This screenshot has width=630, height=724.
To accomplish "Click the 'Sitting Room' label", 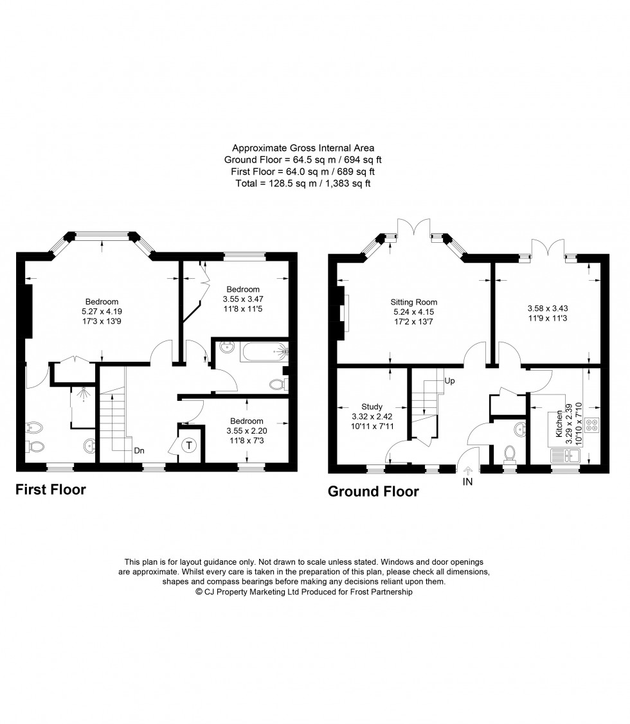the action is [x=414, y=302].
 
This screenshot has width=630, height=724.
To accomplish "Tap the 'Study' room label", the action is [x=372, y=407].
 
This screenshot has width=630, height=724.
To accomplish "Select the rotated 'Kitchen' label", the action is [x=559, y=424].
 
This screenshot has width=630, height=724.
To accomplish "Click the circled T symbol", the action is [x=188, y=446].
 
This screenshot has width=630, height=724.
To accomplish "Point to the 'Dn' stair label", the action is [x=139, y=451].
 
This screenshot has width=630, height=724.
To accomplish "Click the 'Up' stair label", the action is [x=449, y=381].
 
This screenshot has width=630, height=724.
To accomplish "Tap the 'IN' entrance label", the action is [x=468, y=482].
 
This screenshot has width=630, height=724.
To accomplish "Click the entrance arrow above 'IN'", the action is [x=468, y=470].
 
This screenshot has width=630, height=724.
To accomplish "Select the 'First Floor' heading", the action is [x=51, y=490].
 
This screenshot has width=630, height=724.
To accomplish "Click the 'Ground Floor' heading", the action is [x=373, y=491].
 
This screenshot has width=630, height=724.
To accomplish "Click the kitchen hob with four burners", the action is [x=591, y=425].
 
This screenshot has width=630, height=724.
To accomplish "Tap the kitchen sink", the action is [x=565, y=456].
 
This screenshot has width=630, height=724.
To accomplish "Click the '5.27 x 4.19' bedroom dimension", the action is [x=102, y=312].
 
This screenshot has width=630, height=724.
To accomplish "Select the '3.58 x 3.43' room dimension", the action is [x=548, y=308].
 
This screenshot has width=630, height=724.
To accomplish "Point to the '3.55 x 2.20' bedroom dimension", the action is [x=247, y=431].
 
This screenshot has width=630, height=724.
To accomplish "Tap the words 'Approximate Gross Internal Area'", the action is [x=303, y=148].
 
